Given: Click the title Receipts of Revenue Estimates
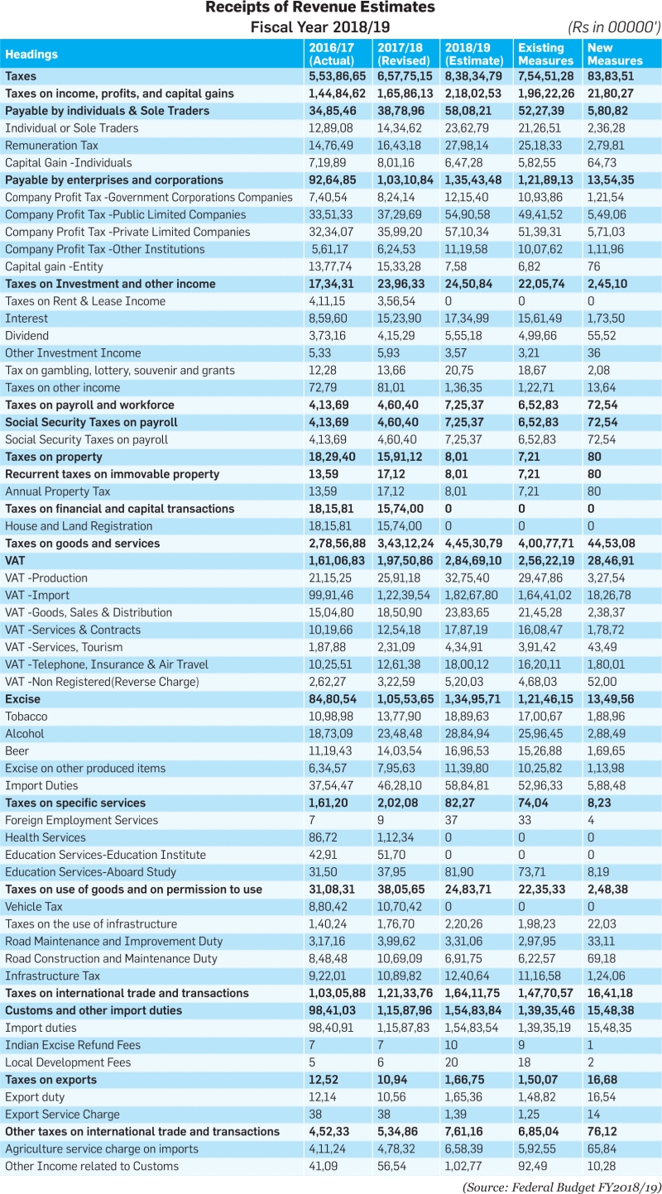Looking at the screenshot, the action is [320, 7].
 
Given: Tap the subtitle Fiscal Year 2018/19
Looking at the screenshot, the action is [320, 27].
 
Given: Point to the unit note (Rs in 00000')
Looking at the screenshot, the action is [614, 27].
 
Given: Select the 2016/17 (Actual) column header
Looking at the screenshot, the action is [332, 54].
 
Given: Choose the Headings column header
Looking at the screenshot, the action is [31, 55].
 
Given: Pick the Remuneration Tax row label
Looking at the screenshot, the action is [51, 146].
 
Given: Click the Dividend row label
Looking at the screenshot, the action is [26, 336].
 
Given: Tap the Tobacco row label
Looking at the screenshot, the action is [26, 717].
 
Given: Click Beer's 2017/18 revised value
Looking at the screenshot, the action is [400, 751].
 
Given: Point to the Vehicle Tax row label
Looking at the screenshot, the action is [34, 907].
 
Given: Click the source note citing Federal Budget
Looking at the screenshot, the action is [562, 1187].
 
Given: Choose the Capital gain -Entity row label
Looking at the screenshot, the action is [54, 266].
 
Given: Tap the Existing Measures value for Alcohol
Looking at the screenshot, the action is [540, 733].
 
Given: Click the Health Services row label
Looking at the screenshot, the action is [46, 837].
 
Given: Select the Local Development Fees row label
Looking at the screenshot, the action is [68, 1062].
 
